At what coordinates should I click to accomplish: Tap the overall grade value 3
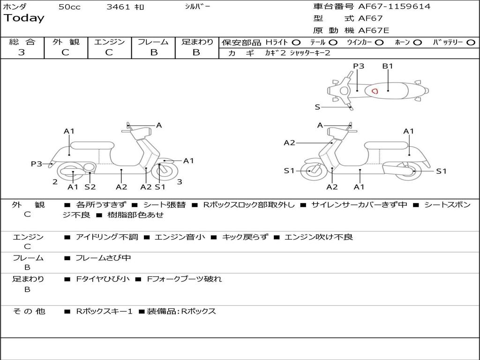pyautogui.click(x=22, y=52)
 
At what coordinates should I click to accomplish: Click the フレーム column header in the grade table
pyautogui.click(x=153, y=42)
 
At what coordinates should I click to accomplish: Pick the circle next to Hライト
pyautogui.click(x=296, y=42)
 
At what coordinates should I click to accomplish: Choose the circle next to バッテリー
pyautogui.click(x=471, y=42)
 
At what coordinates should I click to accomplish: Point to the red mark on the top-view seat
pyautogui.click(x=375, y=90)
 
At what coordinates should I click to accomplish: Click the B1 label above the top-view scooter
pyautogui.click(x=387, y=66)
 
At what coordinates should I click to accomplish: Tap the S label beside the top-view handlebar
pyautogui.click(x=317, y=107)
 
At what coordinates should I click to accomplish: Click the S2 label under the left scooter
pyautogui.click(x=90, y=187)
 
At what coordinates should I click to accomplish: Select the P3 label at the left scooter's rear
pyautogui.click(x=37, y=164)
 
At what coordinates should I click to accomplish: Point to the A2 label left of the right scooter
pyautogui.click(x=289, y=143)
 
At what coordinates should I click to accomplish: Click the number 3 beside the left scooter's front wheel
pyautogui.click(x=180, y=181)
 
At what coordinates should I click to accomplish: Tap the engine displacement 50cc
pyautogui.click(x=69, y=7)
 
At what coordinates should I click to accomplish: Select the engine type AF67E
pyautogui.click(x=374, y=31)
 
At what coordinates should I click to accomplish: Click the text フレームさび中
pyautogui.click(x=103, y=258)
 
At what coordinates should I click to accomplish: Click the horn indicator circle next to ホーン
pyautogui.click(x=418, y=42)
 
